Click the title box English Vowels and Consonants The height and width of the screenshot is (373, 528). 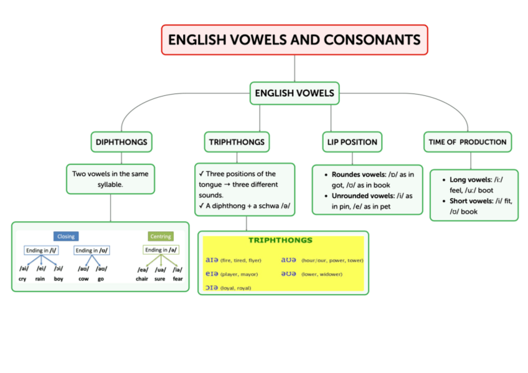click(x=295, y=40)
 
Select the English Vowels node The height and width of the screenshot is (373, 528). click(x=295, y=93)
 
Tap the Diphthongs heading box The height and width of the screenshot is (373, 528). click(x=121, y=142)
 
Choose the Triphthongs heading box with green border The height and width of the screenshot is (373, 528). click(x=237, y=142)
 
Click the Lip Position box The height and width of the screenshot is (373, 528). click(x=352, y=142)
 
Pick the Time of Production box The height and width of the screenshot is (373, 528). click(x=467, y=142)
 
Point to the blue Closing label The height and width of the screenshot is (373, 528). click(x=66, y=237)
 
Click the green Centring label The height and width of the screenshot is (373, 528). click(x=161, y=237)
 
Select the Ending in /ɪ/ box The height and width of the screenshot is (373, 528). click(x=41, y=250)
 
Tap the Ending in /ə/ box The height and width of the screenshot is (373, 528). click(x=161, y=250)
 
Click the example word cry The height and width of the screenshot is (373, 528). click(x=22, y=279)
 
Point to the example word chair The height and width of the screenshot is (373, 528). click(x=142, y=279)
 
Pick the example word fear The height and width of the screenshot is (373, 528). click(x=178, y=279)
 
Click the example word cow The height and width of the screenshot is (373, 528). click(x=83, y=279)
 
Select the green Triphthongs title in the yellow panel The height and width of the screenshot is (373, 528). click(x=280, y=240)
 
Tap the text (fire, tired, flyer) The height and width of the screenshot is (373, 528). click(x=241, y=260)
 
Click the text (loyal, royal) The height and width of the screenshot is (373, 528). click(x=236, y=288)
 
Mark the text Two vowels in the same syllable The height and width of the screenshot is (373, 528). click(x=110, y=179)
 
